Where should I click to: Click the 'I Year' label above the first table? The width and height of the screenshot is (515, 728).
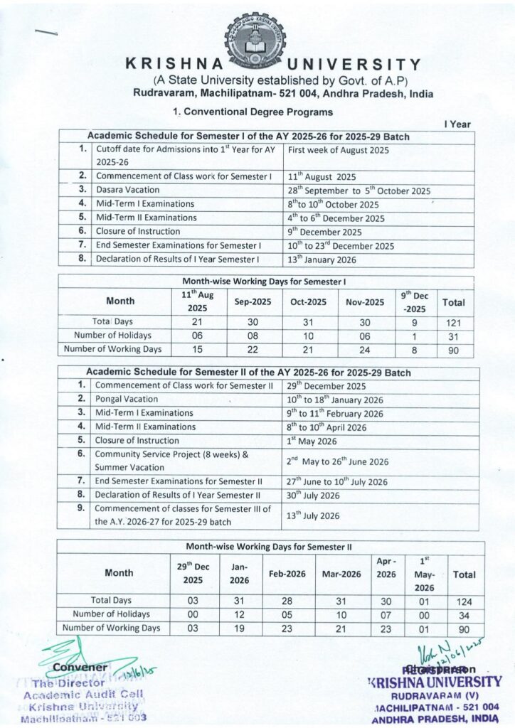click(x=457, y=124)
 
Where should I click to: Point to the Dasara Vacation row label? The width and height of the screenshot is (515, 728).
click(x=127, y=190)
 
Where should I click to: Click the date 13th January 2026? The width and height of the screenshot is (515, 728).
click(x=322, y=259)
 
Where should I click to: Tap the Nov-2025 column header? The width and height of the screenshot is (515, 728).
click(x=365, y=302)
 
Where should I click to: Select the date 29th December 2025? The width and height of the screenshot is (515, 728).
click(x=326, y=386)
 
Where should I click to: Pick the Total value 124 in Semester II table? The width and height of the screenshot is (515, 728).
click(x=464, y=601)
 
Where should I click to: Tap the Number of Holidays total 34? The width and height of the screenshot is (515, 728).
click(x=464, y=614)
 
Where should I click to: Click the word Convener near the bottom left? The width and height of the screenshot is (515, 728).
click(x=81, y=668)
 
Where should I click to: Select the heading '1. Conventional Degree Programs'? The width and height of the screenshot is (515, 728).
click(x=253, y=112)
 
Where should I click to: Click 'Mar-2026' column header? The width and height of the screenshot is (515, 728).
click(x=342, y=574)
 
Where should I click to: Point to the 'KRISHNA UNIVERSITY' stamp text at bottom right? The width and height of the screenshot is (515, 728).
click(x=435, y=682)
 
